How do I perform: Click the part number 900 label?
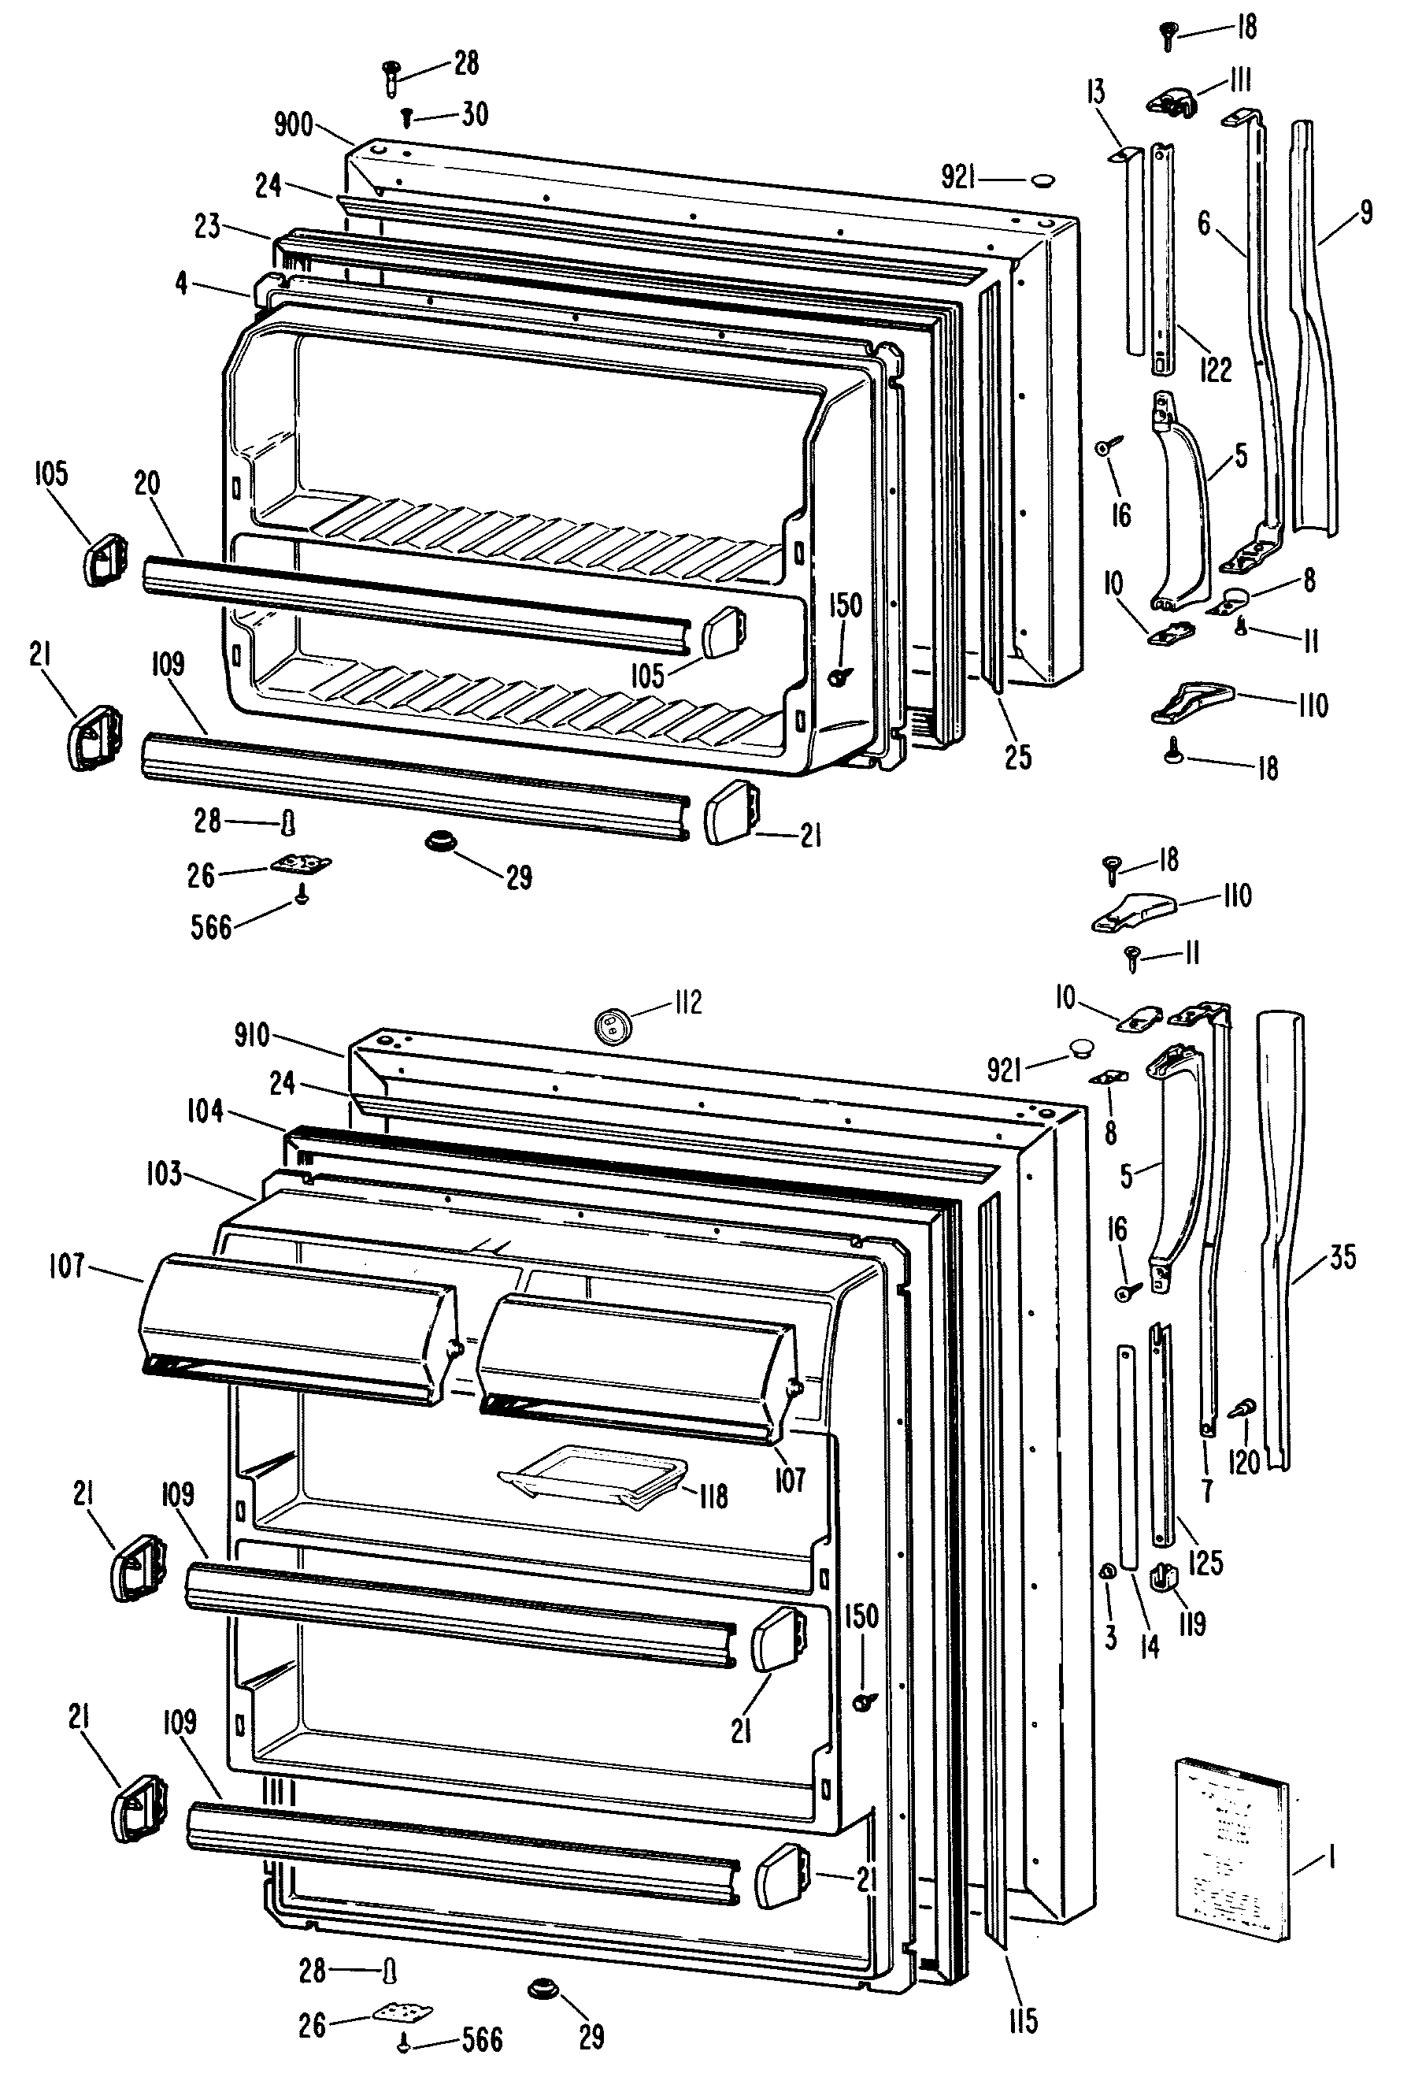click(294, 124)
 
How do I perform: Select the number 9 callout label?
click(1366, 213)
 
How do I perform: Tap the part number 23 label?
click(207, 226)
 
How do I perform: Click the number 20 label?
click(146, 484)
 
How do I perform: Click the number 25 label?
click(1018, 757)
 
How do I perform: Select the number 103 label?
click(164, 1174)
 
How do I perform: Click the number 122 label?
click(1216, 369)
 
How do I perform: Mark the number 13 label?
click(1095, 92)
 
